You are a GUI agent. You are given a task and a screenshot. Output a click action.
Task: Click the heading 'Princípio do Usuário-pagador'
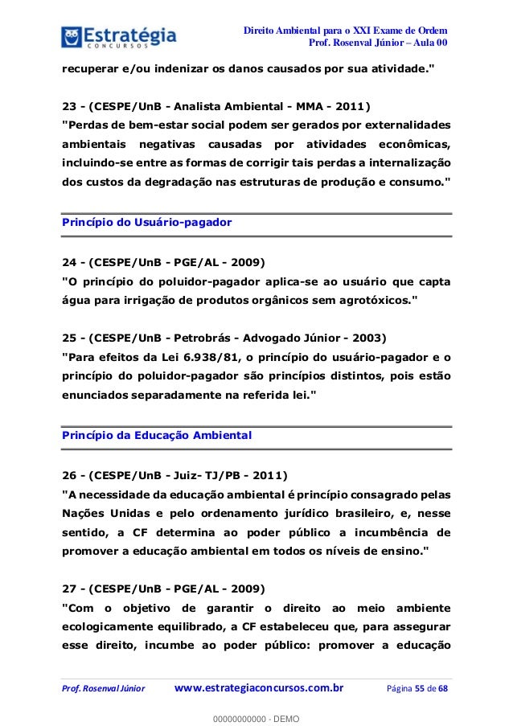(x=147, y=222)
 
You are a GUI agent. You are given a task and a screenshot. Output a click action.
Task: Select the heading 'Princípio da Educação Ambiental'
(x=158, y=435)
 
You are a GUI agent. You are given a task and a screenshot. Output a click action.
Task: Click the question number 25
(x=70, y=336)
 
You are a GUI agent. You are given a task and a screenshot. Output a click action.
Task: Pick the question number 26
(x=70, y=474)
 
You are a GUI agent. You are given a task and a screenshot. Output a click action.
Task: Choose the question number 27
(x=70, y=587)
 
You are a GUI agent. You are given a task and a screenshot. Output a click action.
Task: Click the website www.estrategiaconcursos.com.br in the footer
(x=259, y=687)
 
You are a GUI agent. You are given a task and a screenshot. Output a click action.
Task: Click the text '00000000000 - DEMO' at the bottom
(x=256, y=716)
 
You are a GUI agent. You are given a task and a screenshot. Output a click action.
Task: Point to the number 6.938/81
(x=205, y=356)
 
